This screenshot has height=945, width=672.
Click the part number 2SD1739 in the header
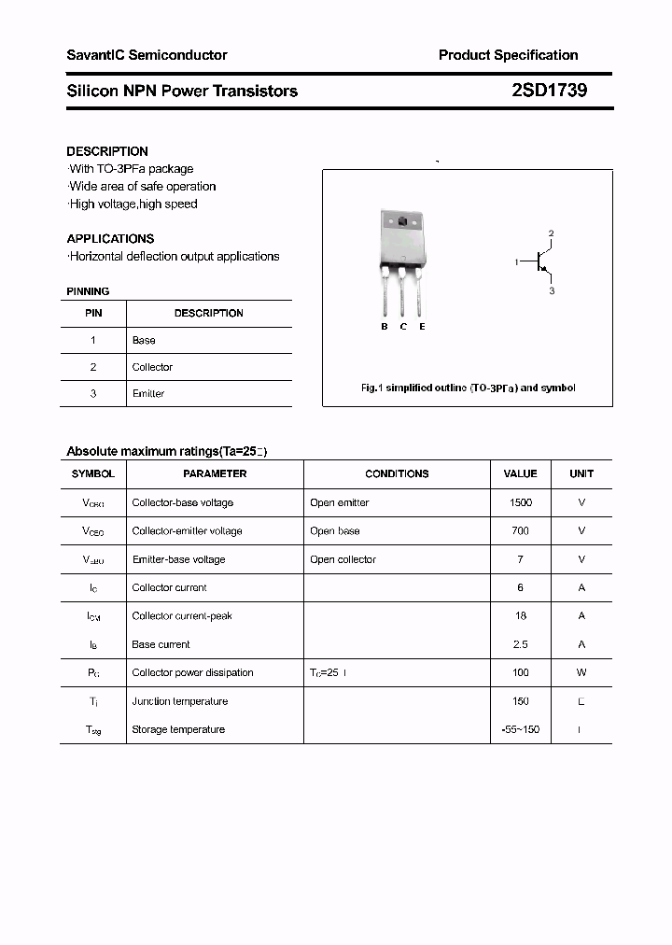pos(549,91)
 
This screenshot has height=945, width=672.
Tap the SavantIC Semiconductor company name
pos(147,55)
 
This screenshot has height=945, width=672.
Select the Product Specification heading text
pos(508,55)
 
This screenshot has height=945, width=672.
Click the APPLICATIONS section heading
pos(110,238)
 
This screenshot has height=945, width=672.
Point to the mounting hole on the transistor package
pos(402,222)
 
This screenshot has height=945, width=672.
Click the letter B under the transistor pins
pos(385,327)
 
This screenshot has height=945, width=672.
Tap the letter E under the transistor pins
pos(422,327)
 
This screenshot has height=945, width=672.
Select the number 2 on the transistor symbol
pos(552,233)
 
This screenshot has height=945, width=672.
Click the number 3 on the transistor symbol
pos(552,291)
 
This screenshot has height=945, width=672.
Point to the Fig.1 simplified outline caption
pos(468,388)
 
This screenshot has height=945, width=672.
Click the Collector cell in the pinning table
pos(152,367)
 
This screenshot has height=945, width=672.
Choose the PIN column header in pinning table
pos(93,313)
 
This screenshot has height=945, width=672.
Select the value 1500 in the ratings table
pos(520,502)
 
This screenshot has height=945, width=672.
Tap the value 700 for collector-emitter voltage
pos(520,530)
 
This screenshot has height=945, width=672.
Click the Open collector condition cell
pos(343,559)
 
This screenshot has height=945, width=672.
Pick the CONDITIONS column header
pos(397,473)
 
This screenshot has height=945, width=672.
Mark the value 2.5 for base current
pos(520,644)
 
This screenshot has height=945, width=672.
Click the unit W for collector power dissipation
pos(581,672)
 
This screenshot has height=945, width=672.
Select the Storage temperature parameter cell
pos(178,729)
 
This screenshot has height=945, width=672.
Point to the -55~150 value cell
pos(520,729)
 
